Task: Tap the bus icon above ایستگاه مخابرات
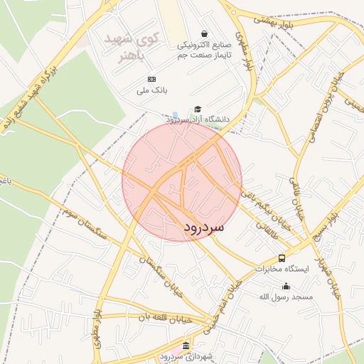coord(282,258)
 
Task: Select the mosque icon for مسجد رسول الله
coord(287,286)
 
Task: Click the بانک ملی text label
coord(152,90)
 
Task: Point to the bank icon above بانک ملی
coord(151,79)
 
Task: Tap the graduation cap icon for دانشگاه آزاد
coord(198,109)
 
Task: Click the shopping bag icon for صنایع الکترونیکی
coord(205,33)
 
